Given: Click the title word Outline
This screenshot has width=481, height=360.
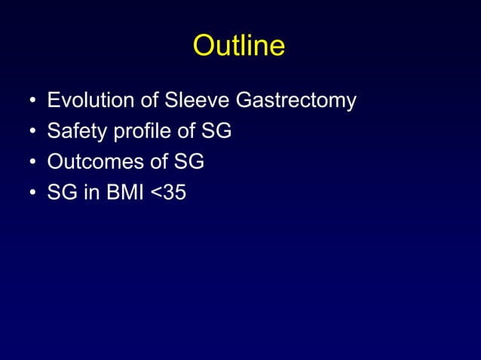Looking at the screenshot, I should [x=239, y=46].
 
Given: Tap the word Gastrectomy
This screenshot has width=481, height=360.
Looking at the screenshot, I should [x=296, y=101].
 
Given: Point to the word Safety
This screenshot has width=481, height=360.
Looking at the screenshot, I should [x=75, y=132].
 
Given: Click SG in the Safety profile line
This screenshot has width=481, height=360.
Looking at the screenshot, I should [x=216, y=132].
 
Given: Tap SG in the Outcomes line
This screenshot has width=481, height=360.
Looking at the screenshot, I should [x=189, y=163].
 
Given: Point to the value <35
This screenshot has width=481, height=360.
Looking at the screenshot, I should [x=167, y=194].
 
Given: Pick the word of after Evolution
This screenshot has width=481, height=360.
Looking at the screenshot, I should [x=148, y=101].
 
